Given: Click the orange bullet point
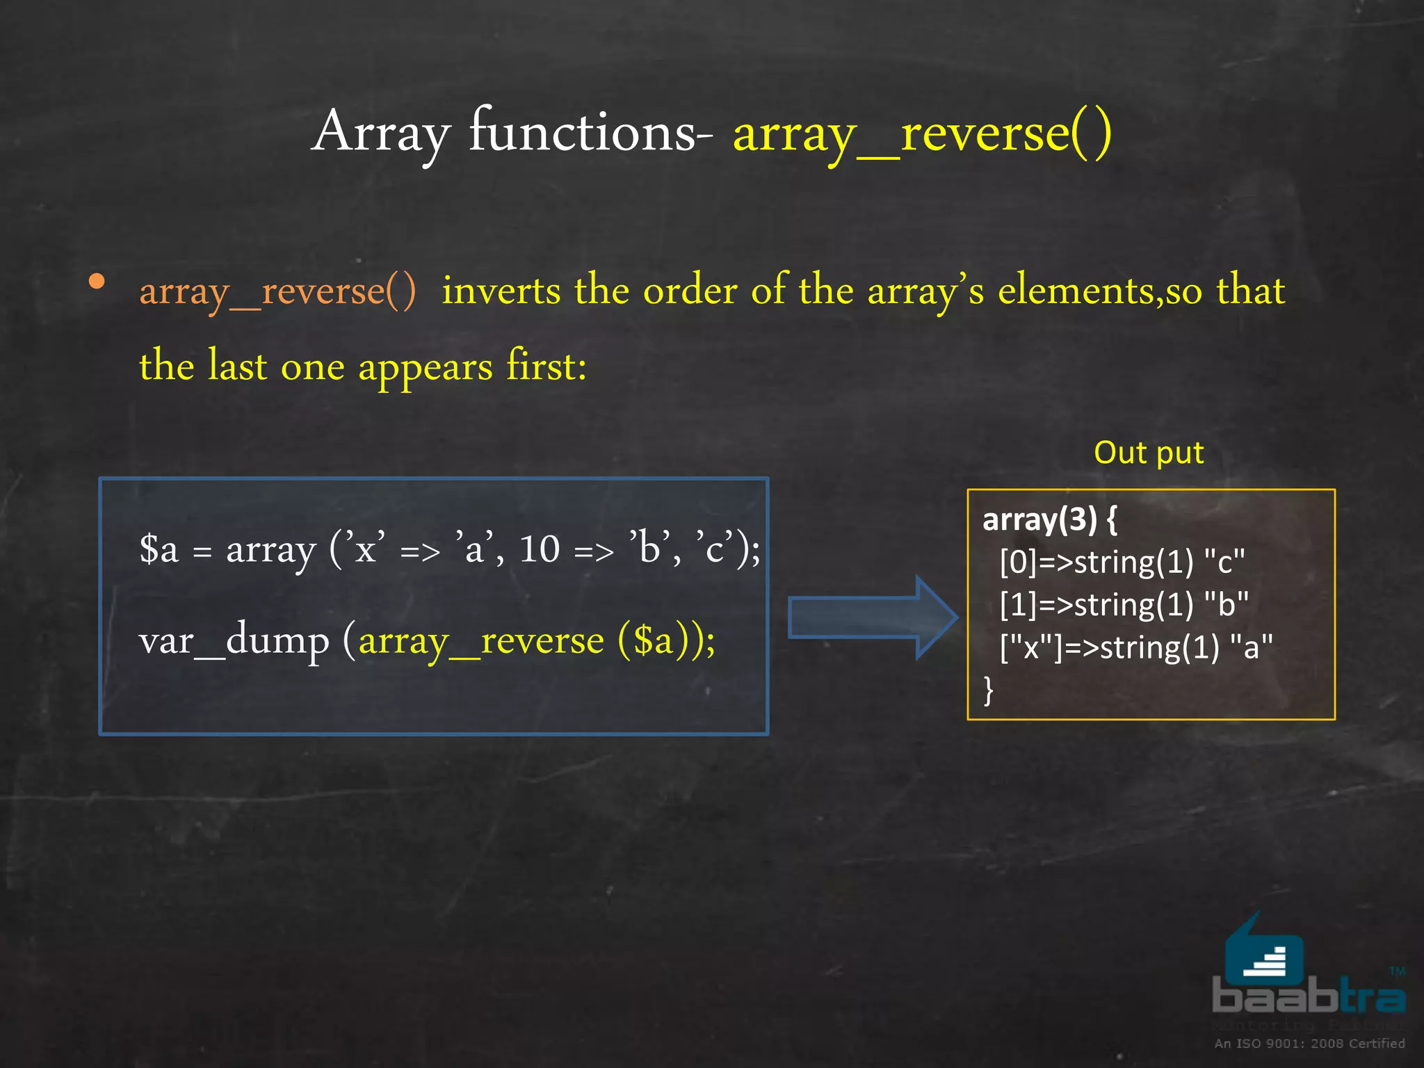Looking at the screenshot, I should click(x=97, y=282).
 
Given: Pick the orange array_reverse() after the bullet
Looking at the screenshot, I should click(x=277, y=291).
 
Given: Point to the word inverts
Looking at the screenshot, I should click(x=501, y=291).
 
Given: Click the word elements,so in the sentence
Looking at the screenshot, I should click(x=1099, y=291).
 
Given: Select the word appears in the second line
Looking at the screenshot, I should click(x=425, y=368).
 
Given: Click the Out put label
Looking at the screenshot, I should click(x=1149, y=453).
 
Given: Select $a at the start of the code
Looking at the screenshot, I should click(x=159, y=549).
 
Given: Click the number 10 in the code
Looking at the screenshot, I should click(x=539, y=549).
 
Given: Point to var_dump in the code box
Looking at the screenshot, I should click(x=234, y=640).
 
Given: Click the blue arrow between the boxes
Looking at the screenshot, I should click(x=873, y=617).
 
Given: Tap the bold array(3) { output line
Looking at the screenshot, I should click(x=1049, y=519).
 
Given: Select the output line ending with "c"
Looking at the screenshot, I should click(x=1122, y=562).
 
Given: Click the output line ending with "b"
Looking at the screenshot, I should click(x=1124, y=604).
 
